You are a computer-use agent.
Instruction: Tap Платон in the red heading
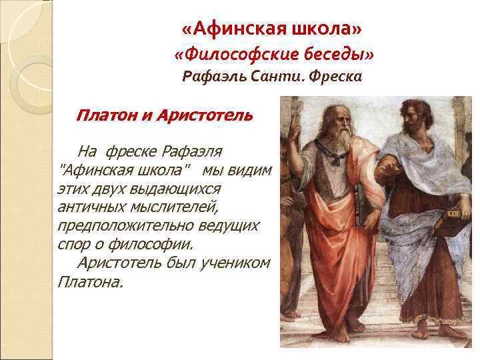[107, 115]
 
